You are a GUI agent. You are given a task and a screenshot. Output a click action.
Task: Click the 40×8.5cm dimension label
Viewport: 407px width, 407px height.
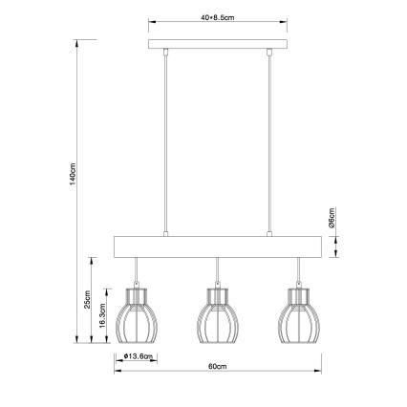tap(220, 16)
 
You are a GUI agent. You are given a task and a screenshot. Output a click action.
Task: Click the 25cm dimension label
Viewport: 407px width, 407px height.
tap(87, 298)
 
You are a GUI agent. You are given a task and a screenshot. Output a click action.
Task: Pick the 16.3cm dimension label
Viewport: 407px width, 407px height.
tap(103, 322)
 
